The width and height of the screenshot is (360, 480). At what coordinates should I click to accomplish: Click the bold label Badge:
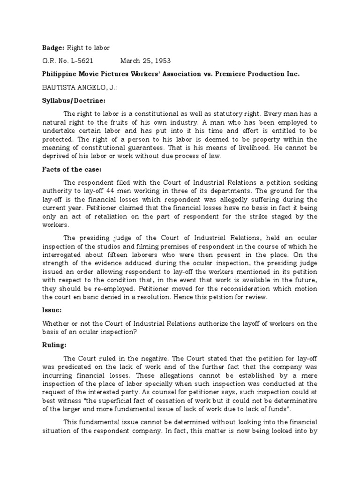point(52,47)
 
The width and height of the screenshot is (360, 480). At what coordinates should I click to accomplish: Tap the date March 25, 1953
point(145,61)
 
